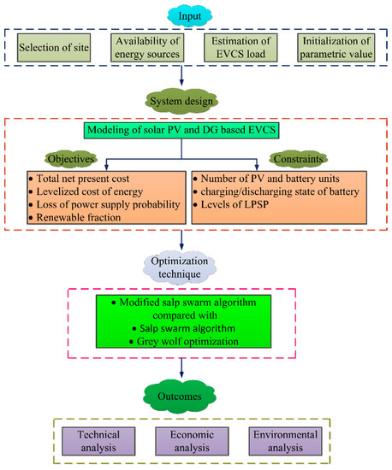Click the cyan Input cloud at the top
(195, 15)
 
